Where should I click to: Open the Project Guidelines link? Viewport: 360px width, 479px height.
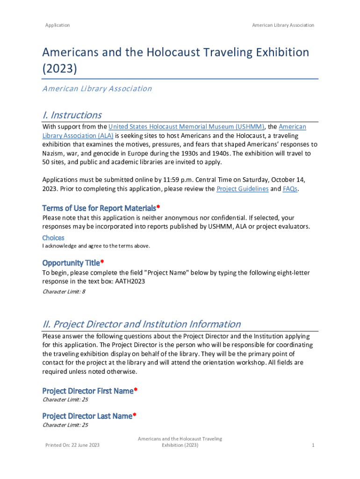coord(242,189)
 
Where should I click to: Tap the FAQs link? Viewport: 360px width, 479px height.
coord(290,189)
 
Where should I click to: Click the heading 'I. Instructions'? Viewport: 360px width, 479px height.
coord(72,115)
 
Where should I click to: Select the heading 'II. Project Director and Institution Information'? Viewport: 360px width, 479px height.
coord(142,324)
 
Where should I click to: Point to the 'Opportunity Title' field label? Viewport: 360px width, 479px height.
coord(71,263)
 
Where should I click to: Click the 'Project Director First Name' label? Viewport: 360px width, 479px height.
coord(88,391)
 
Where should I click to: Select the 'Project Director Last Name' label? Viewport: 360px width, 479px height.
coord(87,416)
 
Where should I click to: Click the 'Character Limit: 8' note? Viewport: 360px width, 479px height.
coord(64,292)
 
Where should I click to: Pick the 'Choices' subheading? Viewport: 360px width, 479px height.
coord(53,238)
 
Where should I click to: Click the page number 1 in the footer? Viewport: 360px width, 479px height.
coord(313,445)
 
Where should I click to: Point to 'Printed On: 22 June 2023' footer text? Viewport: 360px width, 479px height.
coord(72,445)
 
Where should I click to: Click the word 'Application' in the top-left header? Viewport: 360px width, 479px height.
coord(58,25)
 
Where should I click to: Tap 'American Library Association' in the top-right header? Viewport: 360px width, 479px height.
coord(283,25)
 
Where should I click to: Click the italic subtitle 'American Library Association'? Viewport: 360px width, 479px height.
coord(97,88)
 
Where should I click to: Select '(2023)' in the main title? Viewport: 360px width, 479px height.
coord(59,69)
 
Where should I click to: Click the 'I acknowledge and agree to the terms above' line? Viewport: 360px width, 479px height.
coord(96,246)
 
